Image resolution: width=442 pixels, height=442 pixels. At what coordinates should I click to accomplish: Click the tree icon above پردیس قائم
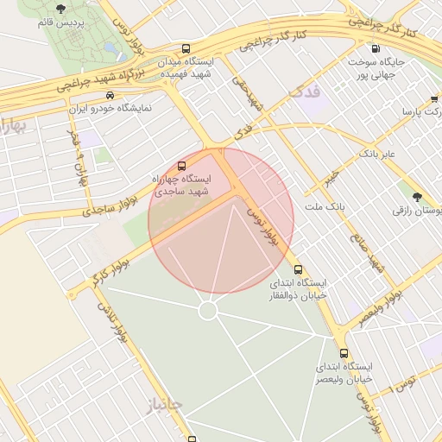tap(60, 8)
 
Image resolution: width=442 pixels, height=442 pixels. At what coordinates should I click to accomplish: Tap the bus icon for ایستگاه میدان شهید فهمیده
tap(187, 49)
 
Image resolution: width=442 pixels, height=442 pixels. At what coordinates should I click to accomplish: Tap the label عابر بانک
tap(377, 154)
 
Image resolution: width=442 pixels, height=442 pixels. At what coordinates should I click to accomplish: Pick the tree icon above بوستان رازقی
tap(417, 197)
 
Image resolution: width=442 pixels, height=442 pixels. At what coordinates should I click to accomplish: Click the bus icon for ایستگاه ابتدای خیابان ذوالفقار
tap(299, 269)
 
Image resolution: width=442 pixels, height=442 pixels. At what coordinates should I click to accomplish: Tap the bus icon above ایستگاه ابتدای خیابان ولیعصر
tap(344, 353)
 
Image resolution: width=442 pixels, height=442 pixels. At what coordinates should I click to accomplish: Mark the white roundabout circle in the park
tap(207, 310)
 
